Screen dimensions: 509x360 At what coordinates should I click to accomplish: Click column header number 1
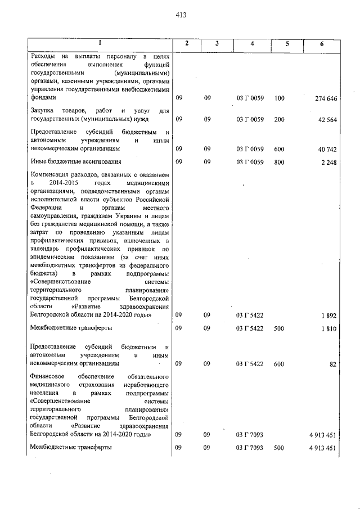pyautogui.click(x=100, y=44)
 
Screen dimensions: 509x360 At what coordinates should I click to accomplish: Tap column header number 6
pyautogui.click(x=322, y=44)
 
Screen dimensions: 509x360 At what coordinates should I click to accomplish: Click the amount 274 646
pyautogui.click(x=326, y=98)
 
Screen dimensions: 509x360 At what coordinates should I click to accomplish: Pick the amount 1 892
pyautogui.click(x=330, y=316)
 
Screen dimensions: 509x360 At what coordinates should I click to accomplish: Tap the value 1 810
pyautogui.click(x=330, y=328)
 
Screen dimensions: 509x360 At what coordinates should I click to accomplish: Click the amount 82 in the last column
pyautogui.click(x=333, y=364)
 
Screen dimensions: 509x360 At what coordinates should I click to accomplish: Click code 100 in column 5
pyautogui.click(x=280, y=98)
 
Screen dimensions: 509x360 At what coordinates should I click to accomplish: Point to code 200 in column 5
pyautogui.click(x=280, y=119)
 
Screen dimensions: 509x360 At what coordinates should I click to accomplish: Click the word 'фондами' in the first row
pyautogui.click(x=43, y=97)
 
